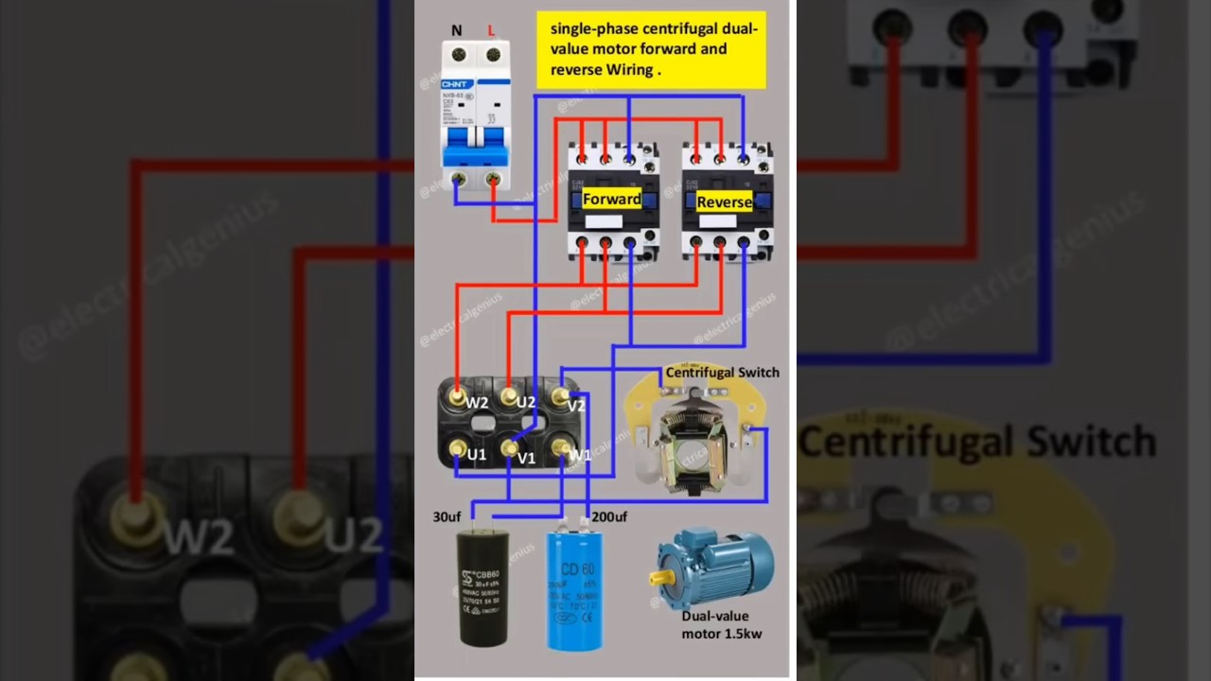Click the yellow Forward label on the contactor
point(611,200)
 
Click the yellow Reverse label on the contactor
point(724,202)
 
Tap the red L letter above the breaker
point(491,30)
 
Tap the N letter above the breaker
point(457,30)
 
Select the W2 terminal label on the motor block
point(477,404)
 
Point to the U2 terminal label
point(526,403)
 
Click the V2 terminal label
point(576,406)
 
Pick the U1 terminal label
point(476,455)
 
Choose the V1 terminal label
point(527,459)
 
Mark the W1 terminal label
point(579,455)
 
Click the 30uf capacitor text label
point(447,516)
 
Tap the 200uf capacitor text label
point(609,516)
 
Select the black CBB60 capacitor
point(483,586)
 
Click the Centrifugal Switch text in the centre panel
point(722,373)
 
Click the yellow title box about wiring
point(652,50)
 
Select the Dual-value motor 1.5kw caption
point(722,624)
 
